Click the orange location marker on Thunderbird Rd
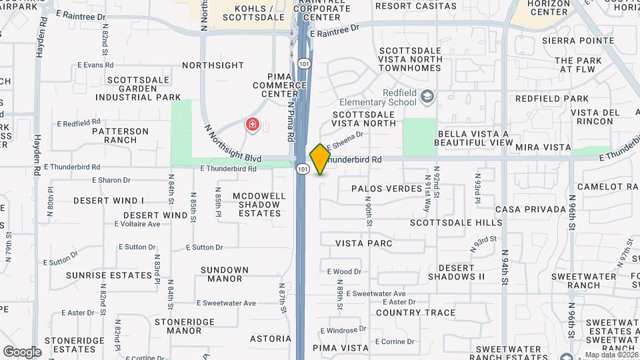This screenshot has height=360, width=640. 321,159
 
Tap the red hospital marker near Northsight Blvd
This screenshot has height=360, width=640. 253,124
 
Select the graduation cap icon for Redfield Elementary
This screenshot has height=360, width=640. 427,97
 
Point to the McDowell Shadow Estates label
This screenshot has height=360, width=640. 259,205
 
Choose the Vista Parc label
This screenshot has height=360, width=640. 364,243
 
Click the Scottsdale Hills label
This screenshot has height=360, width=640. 456,222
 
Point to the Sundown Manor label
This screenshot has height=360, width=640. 224,274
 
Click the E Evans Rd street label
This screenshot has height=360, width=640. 95,65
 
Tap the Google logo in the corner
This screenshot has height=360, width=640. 22,351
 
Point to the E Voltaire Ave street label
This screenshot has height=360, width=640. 137,224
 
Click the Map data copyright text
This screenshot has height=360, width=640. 610,355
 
